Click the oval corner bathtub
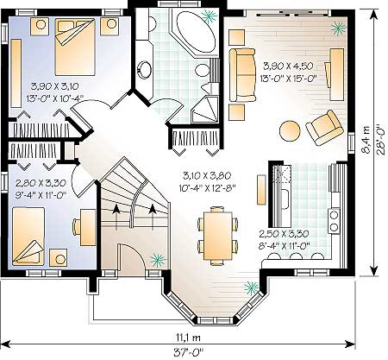coord(196,31)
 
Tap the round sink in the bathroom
coord(145,69)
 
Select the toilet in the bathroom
coord(203,71)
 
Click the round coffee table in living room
coord(290,131)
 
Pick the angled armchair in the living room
coord(324,128)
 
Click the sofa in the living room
coord(242,75)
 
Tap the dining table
coord(218,236)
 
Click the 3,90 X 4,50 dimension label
coord(288,66)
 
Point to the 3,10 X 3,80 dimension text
coord(207,175)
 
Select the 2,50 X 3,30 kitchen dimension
coord(284,234)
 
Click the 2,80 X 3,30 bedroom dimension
coord(41,183)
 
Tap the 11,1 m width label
coord(188,337)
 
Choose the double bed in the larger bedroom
coord(75,47)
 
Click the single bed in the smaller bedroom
coord(28,237)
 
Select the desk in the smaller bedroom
coord(88,227)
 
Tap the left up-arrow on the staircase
coord(116,218)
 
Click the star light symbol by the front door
coord(159,260)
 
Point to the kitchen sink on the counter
coord(285,199)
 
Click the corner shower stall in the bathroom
coord(205,110)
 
